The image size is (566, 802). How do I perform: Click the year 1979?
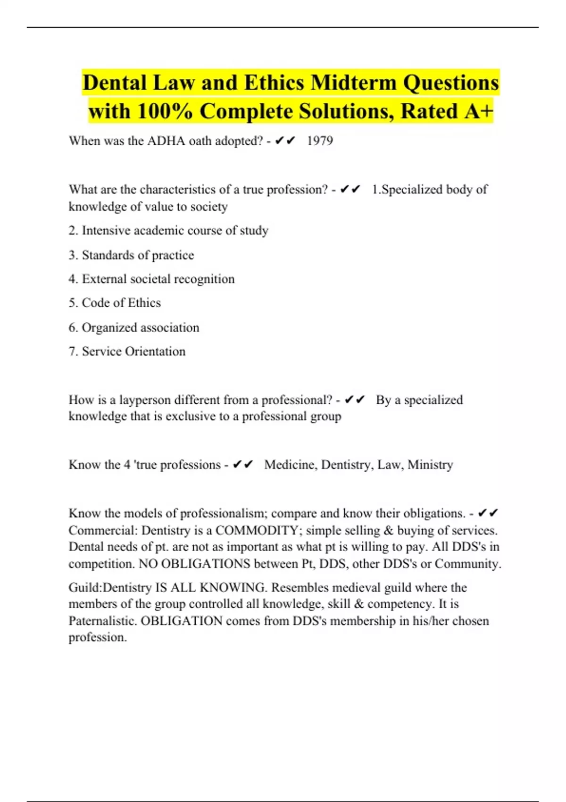tap(320, 141)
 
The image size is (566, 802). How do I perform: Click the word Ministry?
tap(430, 465)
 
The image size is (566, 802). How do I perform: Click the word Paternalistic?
tap(102, 620)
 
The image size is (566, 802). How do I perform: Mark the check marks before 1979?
tap(285, 141)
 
